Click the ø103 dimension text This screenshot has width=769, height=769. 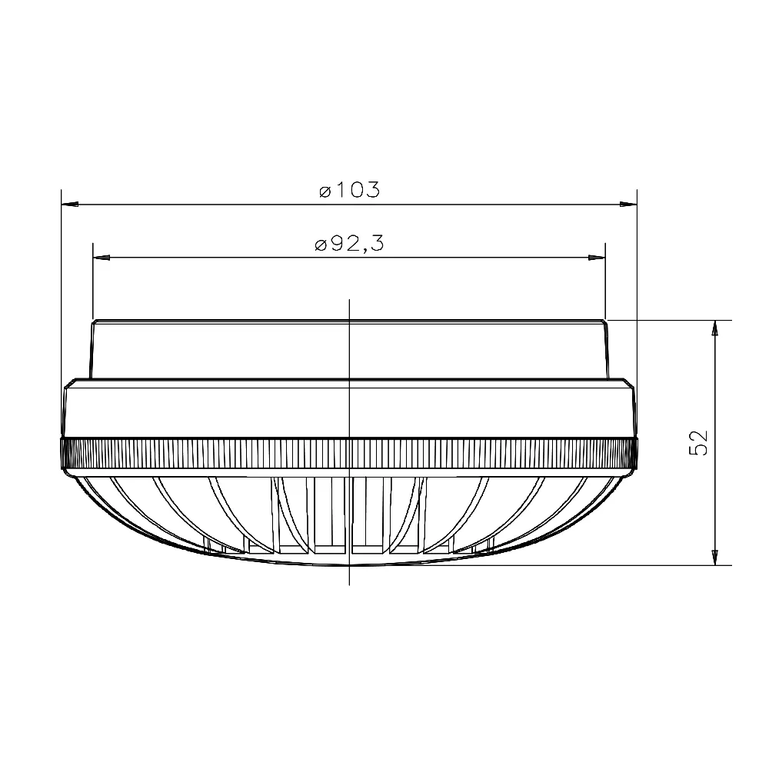coord(350,190)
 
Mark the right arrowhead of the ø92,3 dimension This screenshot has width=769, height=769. coord(597,257)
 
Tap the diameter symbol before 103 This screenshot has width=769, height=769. coord(325,191)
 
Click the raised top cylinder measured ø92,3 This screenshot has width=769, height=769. coord(231,350)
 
